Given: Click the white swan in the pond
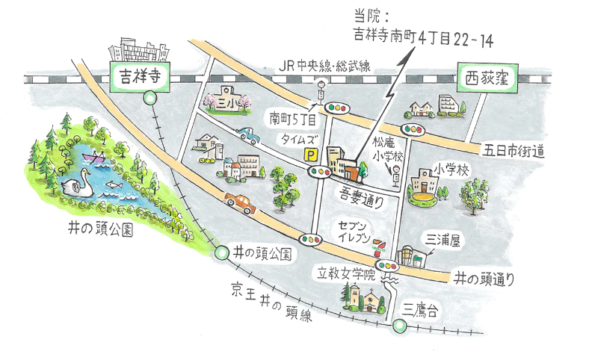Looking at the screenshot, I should point(78,181).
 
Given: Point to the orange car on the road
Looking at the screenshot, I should point(239,202).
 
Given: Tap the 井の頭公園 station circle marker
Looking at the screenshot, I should point(221,252).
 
